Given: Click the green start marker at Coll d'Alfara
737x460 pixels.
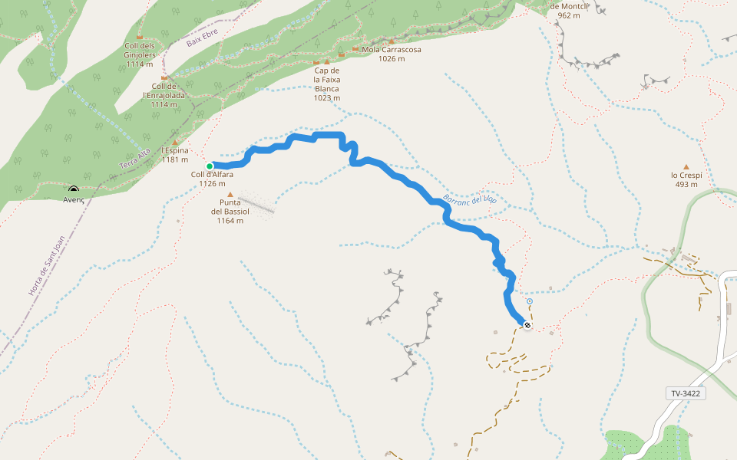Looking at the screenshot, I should [x=210, y=166].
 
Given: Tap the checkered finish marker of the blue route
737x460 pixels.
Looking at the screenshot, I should [x=527, y=324].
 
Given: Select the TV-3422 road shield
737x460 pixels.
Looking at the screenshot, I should [x=686, y=393].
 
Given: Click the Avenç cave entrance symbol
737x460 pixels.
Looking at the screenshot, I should [x=74, y=189].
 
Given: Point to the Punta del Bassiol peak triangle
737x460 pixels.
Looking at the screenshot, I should [x=230, y=195].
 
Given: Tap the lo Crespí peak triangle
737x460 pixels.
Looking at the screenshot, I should [x=686, y=166].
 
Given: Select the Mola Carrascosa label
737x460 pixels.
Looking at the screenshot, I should [x=392, y=50].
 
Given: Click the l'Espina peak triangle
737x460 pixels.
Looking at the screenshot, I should [x=175, y=142].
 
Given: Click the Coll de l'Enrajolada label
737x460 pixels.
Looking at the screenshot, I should [x=164, y=90].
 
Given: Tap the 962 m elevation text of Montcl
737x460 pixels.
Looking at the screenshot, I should [x=569, y=15].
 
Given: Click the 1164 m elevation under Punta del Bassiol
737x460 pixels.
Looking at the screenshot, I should [x=230, y=221].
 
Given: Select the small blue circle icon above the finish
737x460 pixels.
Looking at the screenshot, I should [x=530, y=302].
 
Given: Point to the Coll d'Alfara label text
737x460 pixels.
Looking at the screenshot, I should [x=212, y=174].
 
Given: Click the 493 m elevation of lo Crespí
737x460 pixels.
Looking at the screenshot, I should [x=686, y=184].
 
